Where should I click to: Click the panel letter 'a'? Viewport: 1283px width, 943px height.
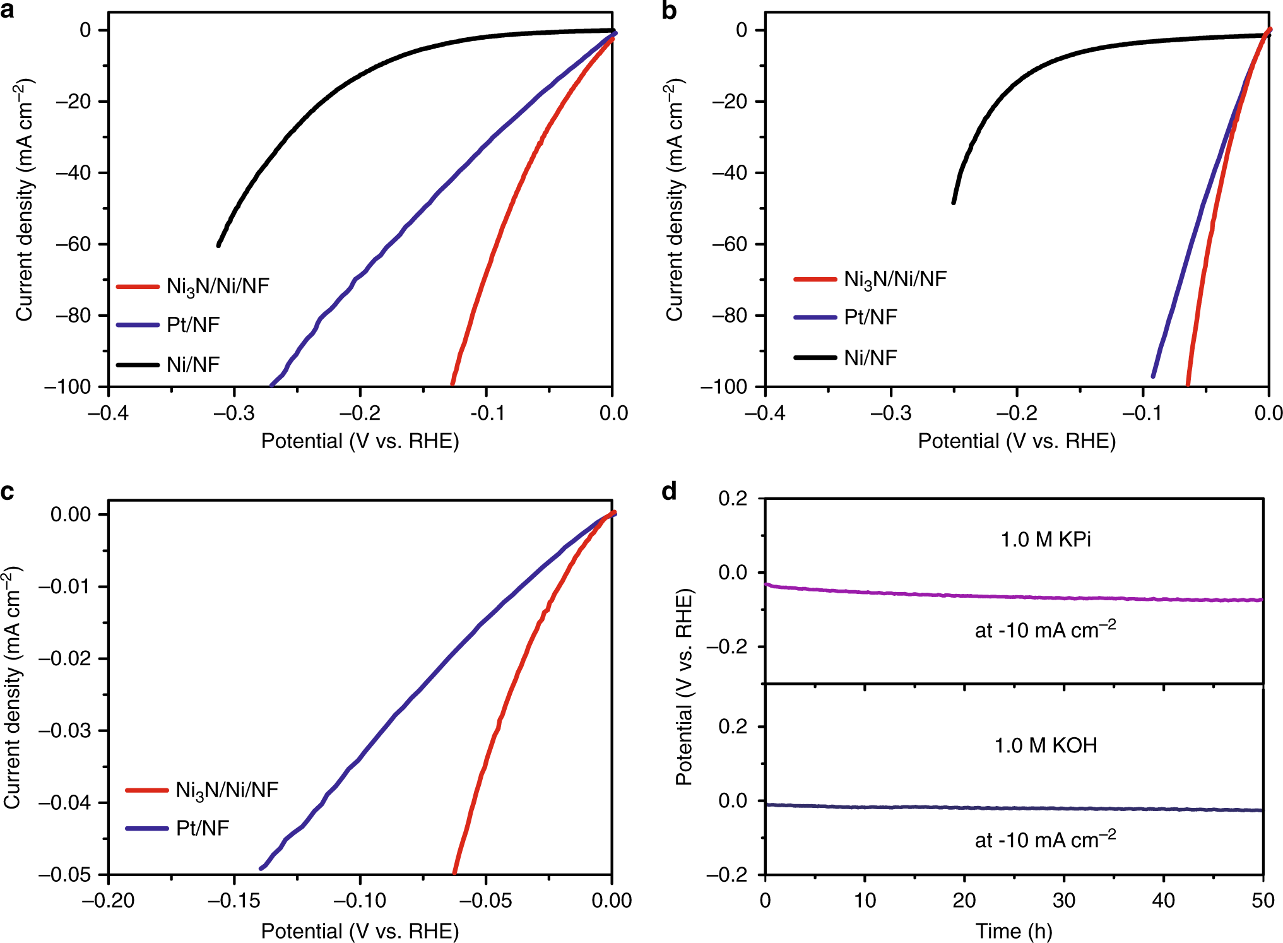point(8,11)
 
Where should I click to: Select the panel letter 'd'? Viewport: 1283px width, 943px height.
point(669,490)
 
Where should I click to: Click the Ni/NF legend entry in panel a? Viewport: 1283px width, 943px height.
point(192,364)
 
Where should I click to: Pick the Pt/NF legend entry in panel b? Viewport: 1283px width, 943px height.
point(870,317)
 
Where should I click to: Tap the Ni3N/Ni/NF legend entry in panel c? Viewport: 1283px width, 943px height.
point(227,790)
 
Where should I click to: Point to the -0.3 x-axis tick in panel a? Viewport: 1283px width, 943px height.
point(234,413)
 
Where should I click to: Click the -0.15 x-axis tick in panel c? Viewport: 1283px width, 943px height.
point(234,900)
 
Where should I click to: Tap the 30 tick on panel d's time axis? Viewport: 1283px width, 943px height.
point(1064,900)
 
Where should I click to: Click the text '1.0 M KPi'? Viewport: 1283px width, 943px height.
point(1046,540)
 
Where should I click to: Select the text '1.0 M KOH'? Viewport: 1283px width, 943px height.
point(1046,745)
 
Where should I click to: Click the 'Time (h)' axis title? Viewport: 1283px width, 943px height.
point(1014,930)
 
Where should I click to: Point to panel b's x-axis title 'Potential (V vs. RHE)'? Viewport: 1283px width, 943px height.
point(1017,441)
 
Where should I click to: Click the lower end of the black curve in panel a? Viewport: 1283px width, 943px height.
point(218,245)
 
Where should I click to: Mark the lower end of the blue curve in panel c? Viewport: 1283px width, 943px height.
point(261,869)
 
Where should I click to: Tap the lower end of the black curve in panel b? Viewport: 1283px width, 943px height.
point(954,202)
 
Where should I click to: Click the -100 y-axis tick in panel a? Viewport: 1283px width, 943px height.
point(68,386)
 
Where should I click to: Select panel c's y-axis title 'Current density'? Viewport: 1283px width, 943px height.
point(13,688)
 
